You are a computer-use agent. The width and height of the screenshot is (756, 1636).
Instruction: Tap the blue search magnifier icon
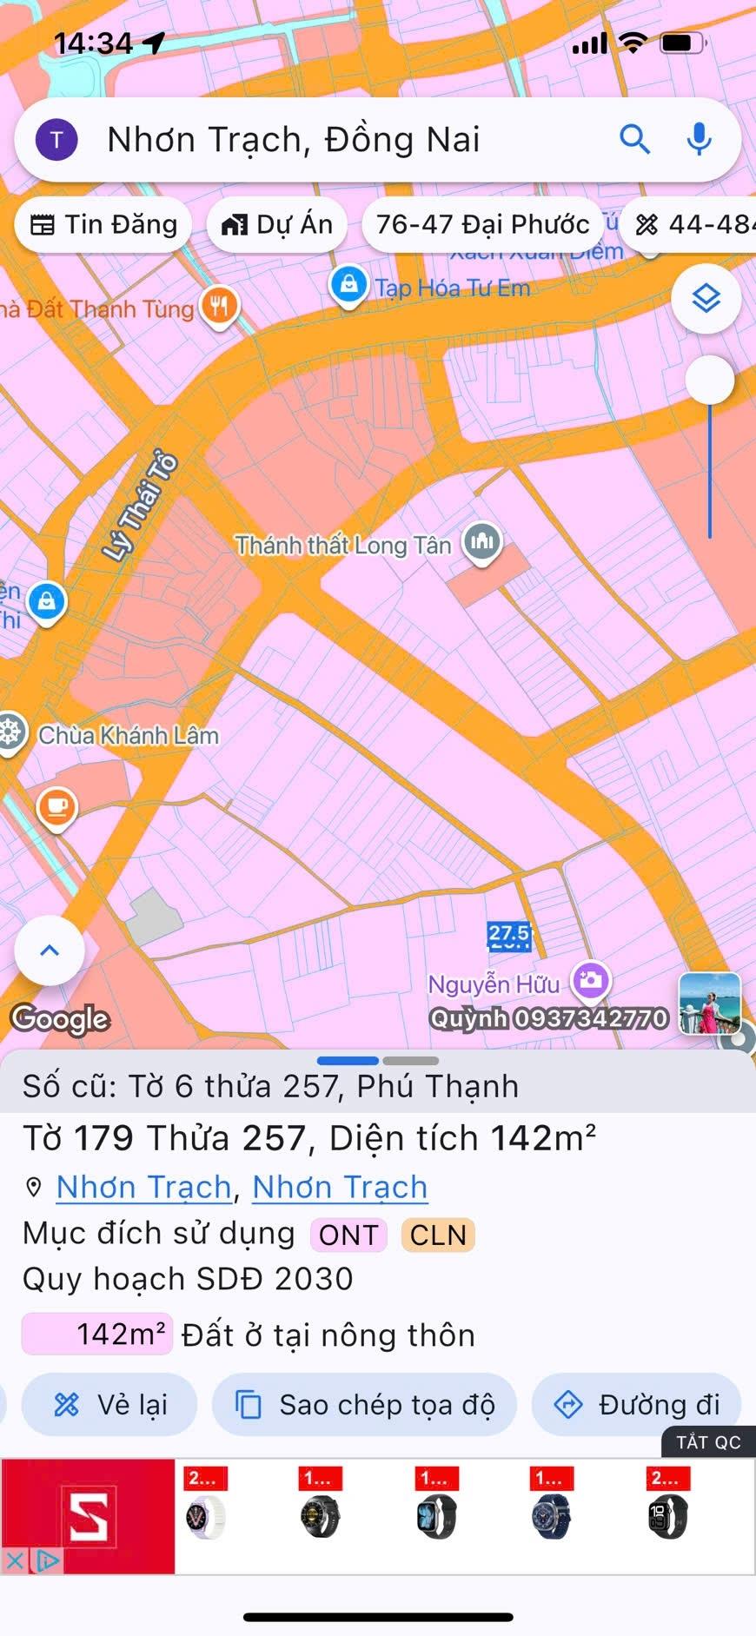[634, 139]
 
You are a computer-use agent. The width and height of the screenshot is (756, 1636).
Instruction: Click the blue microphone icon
[699, 139]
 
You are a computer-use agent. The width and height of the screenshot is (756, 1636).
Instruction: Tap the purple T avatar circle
[56, 139]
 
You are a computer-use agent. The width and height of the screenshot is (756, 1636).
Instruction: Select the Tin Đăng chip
[103, 225]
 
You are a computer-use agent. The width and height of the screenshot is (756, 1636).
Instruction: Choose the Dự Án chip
[277, 225]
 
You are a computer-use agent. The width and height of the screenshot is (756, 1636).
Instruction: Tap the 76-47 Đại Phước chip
[482, 225]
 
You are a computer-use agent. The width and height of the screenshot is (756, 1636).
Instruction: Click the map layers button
[706, 299]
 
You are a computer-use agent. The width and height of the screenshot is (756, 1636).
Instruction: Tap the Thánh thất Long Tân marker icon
[482, 542]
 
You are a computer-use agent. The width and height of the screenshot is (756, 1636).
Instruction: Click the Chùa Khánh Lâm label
[129, 735]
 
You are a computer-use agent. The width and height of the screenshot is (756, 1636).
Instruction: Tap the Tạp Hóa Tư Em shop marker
[348, 284]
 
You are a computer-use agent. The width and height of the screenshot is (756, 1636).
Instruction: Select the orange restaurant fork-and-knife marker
[220, 305]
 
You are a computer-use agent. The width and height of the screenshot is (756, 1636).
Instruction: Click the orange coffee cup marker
[57, 807]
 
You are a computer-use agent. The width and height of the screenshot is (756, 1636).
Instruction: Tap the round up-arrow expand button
[50, 950]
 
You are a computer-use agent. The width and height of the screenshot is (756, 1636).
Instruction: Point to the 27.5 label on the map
[508, 935]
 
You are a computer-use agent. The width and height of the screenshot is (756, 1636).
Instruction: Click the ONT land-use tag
[348, 1235]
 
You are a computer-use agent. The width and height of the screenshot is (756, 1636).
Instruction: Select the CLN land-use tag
[438, 1235]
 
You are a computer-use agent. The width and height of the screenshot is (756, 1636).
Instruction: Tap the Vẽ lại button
[110, 1404]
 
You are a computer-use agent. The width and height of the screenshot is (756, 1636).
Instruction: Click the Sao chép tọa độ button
[365, 1404]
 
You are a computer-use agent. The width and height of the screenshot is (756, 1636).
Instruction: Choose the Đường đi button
[636, 1404]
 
